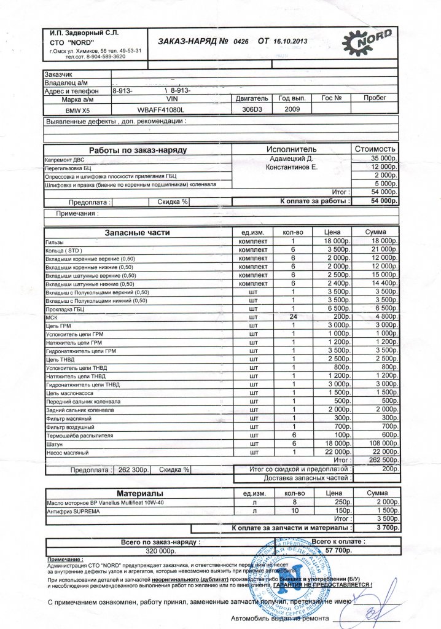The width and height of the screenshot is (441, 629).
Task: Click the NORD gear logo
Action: tap(370, 42)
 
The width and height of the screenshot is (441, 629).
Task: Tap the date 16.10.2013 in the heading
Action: tap(292, 42)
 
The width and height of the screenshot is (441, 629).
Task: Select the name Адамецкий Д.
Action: tap(291, 158)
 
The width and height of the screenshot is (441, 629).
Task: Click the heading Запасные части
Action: tap(137, 233)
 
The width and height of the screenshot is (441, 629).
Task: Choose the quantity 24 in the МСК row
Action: tap(294, 316)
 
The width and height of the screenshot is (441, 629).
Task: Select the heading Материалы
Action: tap(140, 493)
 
